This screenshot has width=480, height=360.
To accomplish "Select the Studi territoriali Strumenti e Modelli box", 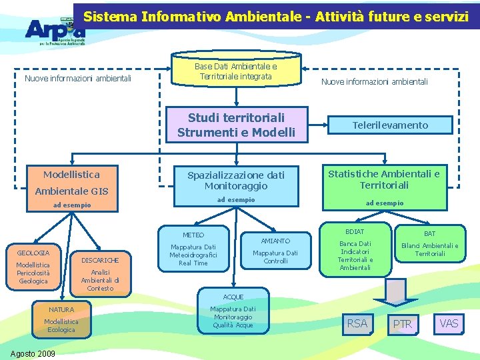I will (x=236, y=125).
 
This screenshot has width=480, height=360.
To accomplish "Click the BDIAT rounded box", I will (x=355, y=246).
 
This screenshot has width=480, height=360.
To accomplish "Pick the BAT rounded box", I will (x=429, y=246).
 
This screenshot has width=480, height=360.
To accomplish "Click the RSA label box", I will (x=357, y=323).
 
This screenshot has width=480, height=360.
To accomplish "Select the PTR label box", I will (x=402, y=324).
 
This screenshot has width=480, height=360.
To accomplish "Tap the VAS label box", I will (x=449, y=323).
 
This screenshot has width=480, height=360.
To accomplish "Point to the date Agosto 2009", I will (x=33, y=353).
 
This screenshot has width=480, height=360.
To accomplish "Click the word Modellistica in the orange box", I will (x=71, y=175).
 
